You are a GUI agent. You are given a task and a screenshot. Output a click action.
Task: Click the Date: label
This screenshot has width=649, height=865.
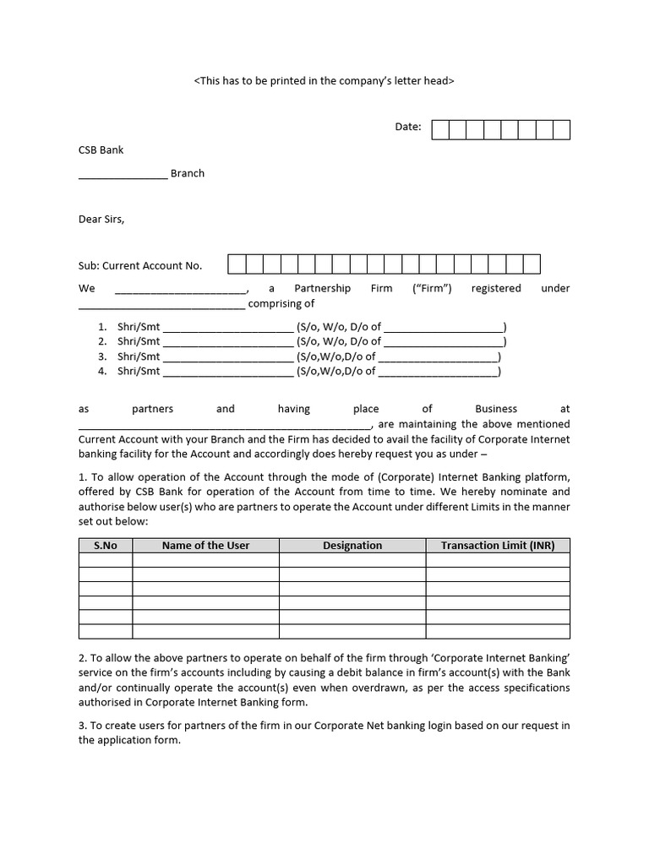click(x=407, y=127)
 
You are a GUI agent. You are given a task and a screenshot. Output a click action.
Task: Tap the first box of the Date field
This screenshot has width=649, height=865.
click(x=440, y=129)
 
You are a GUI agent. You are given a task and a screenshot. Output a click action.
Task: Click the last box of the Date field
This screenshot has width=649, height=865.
click(x=561, y=129)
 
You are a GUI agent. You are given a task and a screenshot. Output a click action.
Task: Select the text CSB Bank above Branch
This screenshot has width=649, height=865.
click(x=101, y=150)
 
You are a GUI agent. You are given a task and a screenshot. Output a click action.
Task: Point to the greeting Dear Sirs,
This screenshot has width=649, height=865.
click(x=101, y=220)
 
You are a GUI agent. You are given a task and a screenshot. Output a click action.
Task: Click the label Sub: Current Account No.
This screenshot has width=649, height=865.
click(x=140, y=265)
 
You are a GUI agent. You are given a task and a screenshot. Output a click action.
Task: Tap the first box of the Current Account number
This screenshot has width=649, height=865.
click(x=237, y=264)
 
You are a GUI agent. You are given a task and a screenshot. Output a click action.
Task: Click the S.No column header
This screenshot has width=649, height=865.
click(x=106, y=546)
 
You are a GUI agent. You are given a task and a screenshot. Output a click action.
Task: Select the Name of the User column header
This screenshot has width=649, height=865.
click(x=205, y=546)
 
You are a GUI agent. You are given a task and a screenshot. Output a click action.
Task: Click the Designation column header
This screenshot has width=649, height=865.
click(x=352, y=546)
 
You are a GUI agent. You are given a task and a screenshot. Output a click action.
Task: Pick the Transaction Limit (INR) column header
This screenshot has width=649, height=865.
click(x=498, y=546)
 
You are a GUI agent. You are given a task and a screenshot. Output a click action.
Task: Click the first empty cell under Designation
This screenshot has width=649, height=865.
click(x=352, y=560)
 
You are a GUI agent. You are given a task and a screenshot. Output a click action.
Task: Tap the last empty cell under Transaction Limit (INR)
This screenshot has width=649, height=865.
click(x=498, y=631)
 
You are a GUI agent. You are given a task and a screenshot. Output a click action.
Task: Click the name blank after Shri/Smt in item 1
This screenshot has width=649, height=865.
click(x=227, y=327)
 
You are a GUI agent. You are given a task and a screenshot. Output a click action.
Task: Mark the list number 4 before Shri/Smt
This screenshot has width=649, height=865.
click(x=102, y=371)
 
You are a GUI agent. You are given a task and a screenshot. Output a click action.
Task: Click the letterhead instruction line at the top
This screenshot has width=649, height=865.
click(x=324, y=81)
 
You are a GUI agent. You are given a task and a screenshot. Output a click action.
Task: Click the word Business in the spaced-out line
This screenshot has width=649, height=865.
click(x=496, y=409)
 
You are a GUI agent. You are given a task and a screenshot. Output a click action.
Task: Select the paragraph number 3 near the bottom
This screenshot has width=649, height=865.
click(x=82, y=726)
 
